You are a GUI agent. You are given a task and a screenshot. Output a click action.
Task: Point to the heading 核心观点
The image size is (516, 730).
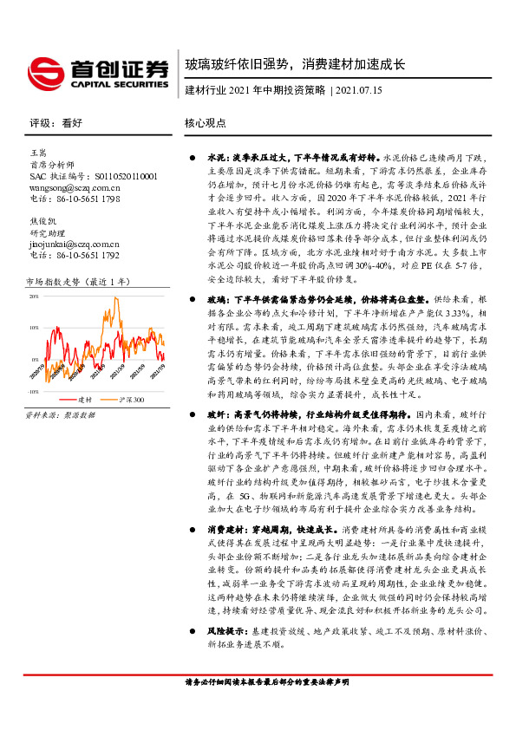(205, 123)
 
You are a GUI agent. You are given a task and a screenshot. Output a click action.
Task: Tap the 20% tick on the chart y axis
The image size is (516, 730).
(34, 297)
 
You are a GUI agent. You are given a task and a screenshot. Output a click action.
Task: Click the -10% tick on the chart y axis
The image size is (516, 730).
(33, 391)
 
